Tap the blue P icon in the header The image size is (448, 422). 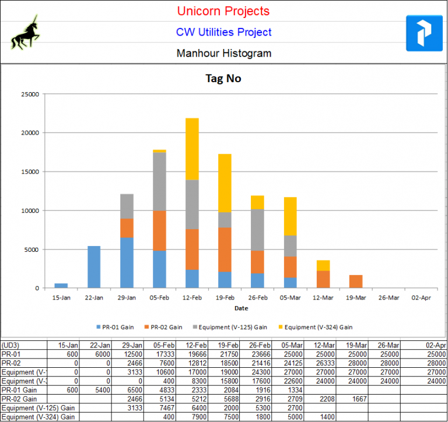pyautogui.click(x=423, y=34)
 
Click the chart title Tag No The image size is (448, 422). pyautogui.click(x=223, y=79)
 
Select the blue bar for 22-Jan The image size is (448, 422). pyautogui.click(x=94, y=267)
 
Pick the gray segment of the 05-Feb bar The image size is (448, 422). pyautogui.click(x=159, y=181)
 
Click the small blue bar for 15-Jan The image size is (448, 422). pyautogui.click(x=61, y=286)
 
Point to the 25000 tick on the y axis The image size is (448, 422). pyautogui.click(x=29, y=94)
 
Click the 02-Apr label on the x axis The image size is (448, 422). pyautogui.click(x=421, y=297)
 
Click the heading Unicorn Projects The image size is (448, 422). pyautogui.click(x=223, y=11)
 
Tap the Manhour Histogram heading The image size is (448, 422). pyautogui.click(x=223, y=53)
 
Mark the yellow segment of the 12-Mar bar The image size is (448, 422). pyautogui.click(x=323, y=265)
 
